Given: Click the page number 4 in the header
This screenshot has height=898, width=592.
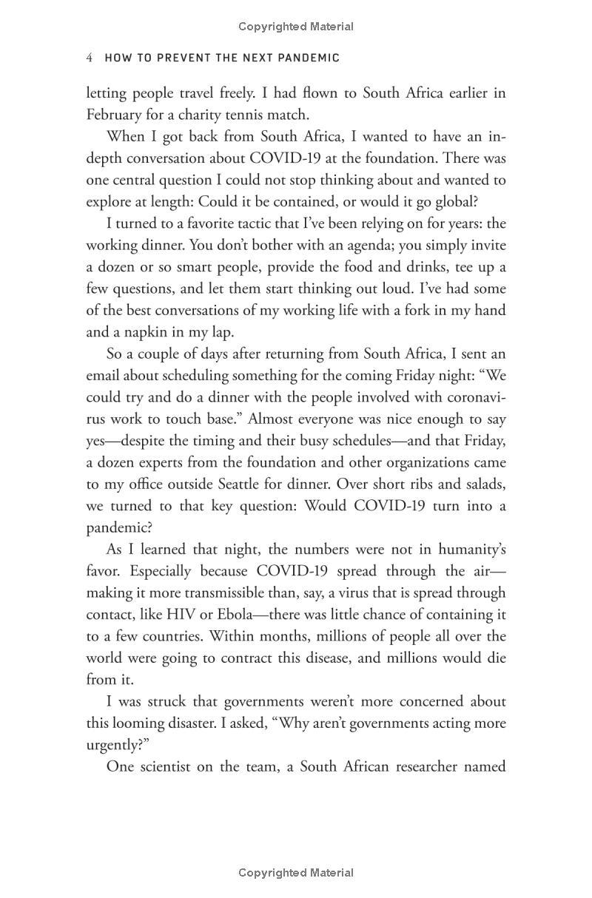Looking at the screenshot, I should (90, 58).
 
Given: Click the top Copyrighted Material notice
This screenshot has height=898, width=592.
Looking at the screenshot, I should (296, 27).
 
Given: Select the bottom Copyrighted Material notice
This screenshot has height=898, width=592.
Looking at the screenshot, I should (296, 873).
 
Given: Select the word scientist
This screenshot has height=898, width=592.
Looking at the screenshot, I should (163, 766).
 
